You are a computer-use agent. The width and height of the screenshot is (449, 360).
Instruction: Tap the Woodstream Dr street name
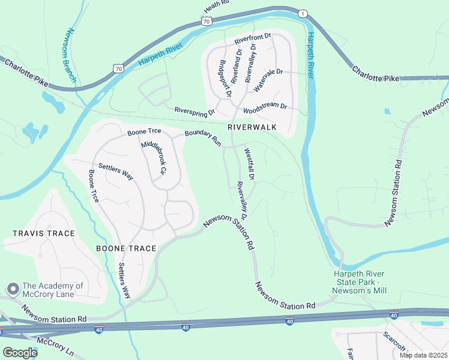tap(265, 109)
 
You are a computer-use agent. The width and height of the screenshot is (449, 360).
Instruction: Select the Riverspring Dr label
tap(194, 111)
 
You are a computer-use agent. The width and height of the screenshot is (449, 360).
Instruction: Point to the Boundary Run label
tap(203, 139)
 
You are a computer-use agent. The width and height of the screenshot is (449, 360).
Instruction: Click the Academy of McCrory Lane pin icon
tap(12, 289)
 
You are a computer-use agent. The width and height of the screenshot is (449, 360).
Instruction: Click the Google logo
tap(20, 352)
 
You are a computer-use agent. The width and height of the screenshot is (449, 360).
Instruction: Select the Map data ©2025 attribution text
tap(423, 355)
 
